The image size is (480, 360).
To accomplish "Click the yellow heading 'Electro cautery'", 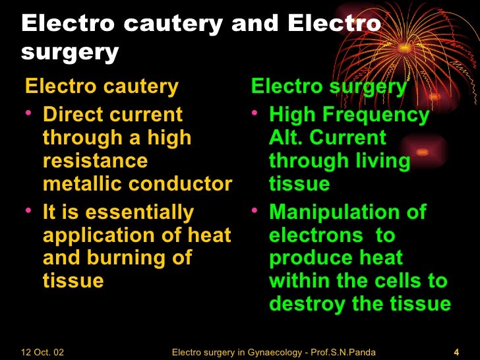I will (x=101, y=86).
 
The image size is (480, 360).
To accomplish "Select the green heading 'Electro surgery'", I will (x=329, y=86).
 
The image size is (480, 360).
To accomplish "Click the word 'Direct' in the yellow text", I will (x=73, y=114).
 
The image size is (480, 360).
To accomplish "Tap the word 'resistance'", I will (x=95, y=161).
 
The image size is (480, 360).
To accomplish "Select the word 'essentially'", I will (x=140, y=212).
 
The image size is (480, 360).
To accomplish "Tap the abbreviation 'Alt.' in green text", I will (x=285, y=138).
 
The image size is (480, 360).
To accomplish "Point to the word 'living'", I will (x=382, y=161).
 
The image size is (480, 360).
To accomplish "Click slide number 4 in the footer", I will (x=456, y=351).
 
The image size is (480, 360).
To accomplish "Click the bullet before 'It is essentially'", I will (x=28, y=211).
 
